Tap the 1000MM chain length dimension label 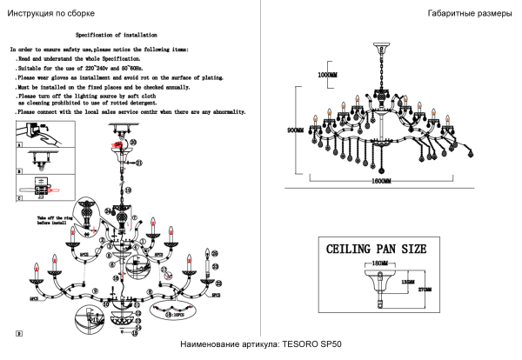[x=327, y=76]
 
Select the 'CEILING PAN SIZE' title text [x=376, y=250]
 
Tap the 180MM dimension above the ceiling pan [x=377, y=262]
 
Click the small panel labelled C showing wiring [x=38, y=186]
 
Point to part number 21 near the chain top [x=137, y=163]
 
